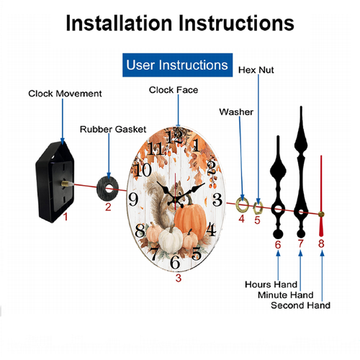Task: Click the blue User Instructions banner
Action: click(177, 65)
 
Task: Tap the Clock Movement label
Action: click(65, 94)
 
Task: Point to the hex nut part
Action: click(258, 208)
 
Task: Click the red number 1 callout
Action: click(66, 217)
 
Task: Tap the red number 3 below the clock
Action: click(179, 278)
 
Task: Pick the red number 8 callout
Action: click(321, 243)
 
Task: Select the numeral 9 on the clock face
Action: click(133, 199)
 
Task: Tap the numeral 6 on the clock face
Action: click(175, 262)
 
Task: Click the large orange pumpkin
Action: click(190, 220)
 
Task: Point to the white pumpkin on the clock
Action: click(171, 239)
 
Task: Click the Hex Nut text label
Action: click(256, 70)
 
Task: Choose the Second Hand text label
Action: click(300, 305)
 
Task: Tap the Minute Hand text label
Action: click(286, 295)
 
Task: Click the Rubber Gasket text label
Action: click(113, 130)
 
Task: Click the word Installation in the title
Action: click(119, 23)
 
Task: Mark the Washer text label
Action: click(236, 112)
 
